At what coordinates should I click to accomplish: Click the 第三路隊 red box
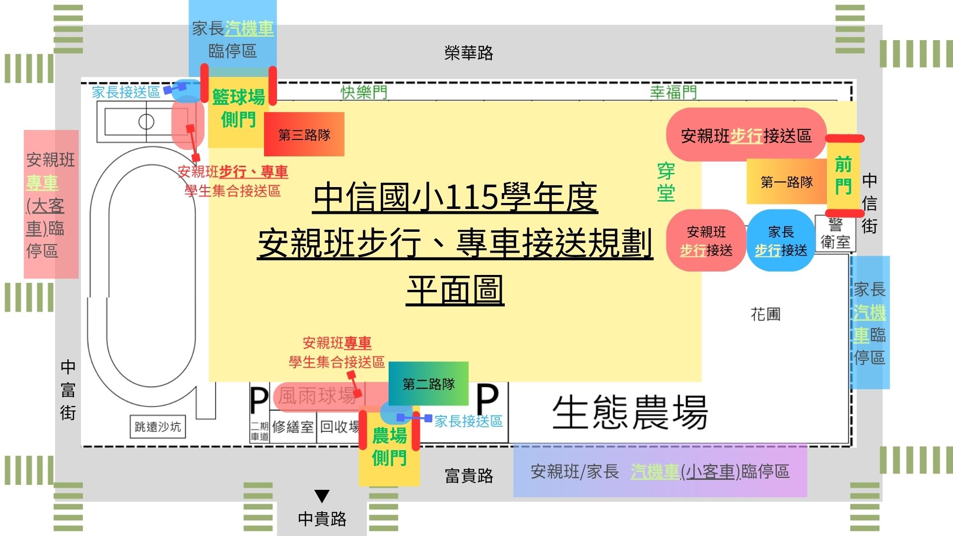[304, 134]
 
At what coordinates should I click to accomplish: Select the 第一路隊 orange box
[787, 182]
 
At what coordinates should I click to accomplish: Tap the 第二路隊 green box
[428, 384]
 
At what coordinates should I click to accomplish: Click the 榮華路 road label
[469, 53]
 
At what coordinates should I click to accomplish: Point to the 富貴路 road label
[469, 475]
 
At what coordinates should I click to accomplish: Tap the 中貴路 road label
[322, 519]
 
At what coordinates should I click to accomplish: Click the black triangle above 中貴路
[322, 496]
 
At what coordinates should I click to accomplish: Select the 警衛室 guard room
[835, 234]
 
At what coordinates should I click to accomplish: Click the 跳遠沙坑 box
[158, 426]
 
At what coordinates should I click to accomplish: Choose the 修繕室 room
[293, 426]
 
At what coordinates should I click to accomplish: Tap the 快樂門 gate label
[364, 92]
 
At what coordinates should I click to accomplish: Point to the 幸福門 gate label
[674, 92]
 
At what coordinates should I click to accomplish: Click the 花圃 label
[765, 314]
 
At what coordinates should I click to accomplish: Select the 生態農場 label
[629, 412]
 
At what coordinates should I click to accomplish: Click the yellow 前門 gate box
[843, 176]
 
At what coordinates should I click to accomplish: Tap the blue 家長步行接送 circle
[781, 241]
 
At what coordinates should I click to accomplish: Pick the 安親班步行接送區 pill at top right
[746, 135]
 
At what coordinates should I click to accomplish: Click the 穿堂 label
[666, 182]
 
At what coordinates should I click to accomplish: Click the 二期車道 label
[260, 431]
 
